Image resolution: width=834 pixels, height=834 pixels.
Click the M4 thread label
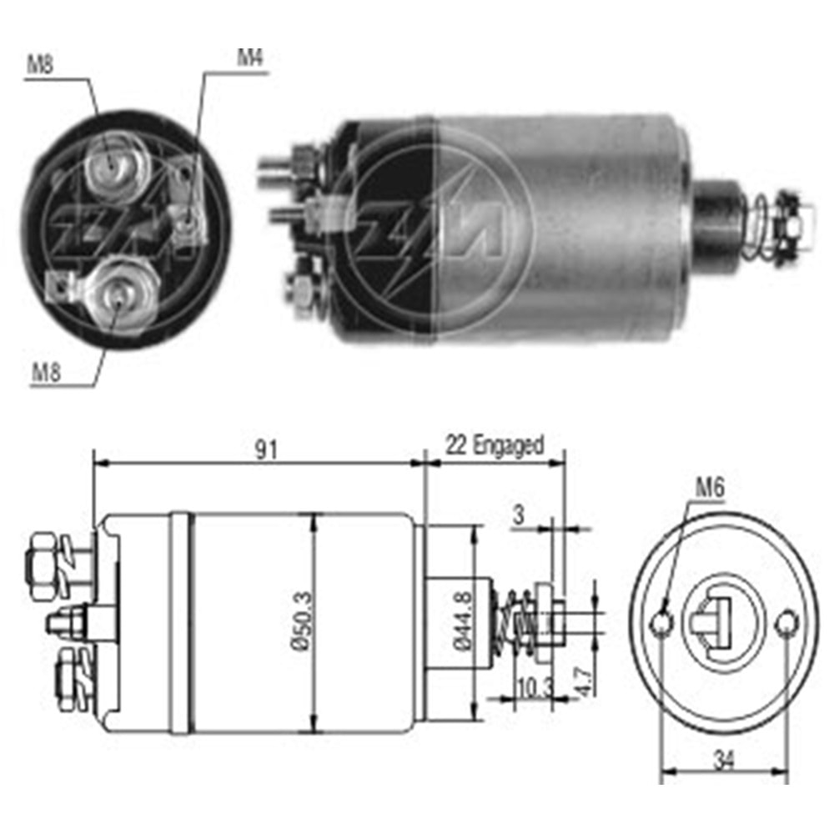coord(250,58)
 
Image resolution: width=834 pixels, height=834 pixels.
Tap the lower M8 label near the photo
coord(47,372)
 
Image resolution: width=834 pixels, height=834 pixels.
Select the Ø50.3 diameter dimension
coord(304,620)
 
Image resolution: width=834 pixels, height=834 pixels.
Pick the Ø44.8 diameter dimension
coord(463,620)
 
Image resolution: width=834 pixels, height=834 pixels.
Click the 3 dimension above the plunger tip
coord(519,515)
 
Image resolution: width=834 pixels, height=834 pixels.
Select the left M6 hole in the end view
coord(662,623)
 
